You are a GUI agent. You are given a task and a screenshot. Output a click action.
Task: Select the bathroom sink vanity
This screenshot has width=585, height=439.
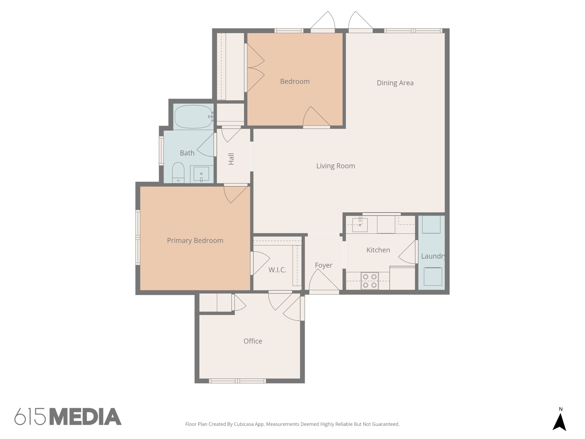point(201,174)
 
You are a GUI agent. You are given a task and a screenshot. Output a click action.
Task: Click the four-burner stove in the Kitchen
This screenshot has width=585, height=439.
point(370,281)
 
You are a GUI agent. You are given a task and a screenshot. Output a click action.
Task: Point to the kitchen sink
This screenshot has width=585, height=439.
point(360,224)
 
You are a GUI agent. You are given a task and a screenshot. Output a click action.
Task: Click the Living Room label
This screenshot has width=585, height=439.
point(336,166)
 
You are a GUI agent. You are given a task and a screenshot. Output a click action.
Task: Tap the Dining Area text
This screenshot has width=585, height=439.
point(395,83)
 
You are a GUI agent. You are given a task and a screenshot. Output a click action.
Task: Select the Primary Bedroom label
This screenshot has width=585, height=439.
point(195,240)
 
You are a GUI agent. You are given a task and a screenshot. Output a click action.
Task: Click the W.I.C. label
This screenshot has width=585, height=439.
point(277,270)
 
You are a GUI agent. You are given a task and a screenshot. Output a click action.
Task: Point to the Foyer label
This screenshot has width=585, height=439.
point(324,265)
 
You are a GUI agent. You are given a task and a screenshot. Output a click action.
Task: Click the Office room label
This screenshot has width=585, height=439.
point(253,341)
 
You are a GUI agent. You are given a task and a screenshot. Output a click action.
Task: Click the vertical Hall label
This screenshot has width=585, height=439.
point(231,159)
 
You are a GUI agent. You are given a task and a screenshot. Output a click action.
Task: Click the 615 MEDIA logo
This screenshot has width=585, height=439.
point(68,416)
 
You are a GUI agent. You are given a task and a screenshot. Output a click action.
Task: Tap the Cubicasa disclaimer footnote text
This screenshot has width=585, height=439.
point(292,424)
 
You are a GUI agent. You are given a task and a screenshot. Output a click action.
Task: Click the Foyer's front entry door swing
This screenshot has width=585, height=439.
point(323,282)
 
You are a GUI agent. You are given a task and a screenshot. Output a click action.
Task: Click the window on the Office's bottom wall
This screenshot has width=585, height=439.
point(237,381)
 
